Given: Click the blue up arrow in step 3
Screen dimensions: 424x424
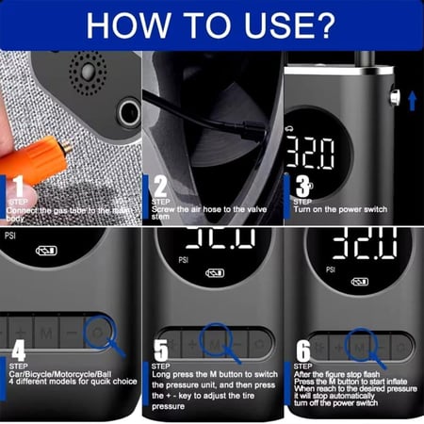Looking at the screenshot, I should pos(412,97).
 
